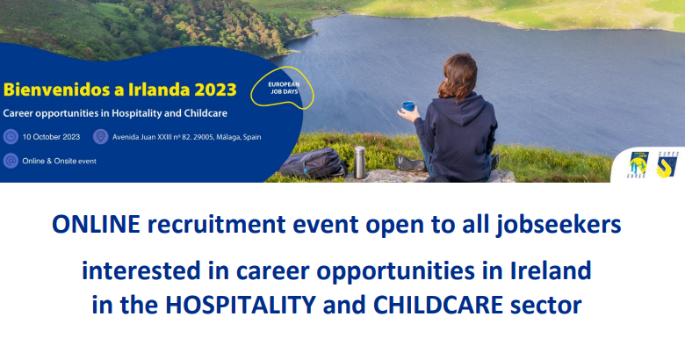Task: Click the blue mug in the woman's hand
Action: (408, 106)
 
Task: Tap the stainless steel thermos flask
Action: (359, 162)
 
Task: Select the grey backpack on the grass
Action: (314, 162)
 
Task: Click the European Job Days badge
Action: (283, 88)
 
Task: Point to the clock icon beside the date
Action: (11, 137)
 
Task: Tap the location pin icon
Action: (100, 137)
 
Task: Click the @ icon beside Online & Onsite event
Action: (11, 161)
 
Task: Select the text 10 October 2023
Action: (51, 137)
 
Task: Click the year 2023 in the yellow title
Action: (215, 90)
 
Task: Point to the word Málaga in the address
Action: (228, 137)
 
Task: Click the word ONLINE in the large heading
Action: (96, 224)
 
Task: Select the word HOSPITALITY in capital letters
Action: (241, 305)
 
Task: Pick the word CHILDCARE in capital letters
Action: (438, 305)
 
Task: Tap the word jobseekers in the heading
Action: (559, 225)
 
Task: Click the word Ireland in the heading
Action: (551, 270)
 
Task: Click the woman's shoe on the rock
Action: (410, 164)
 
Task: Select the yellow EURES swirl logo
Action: (667, 166)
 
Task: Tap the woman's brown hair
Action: (458, 77)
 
